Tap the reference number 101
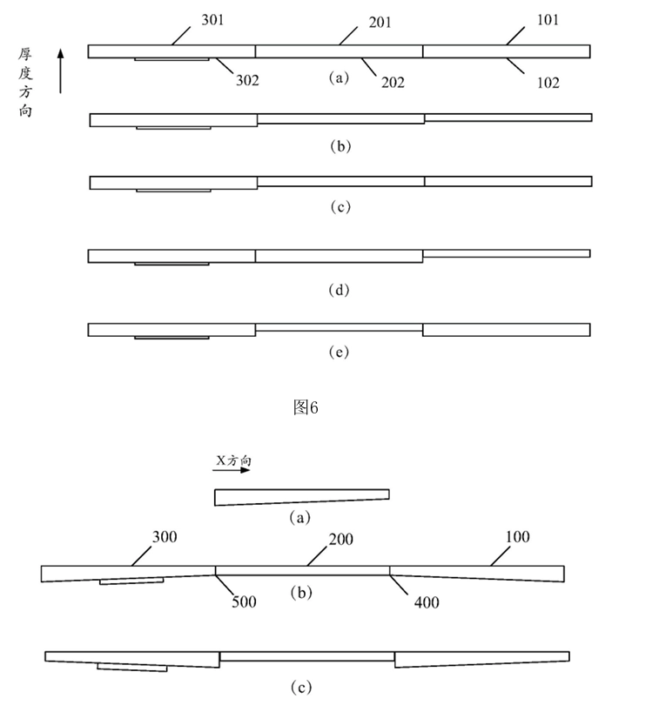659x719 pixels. [548, 21]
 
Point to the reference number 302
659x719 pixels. [247, 80]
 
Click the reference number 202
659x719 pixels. [392, 83]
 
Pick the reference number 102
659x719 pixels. [548, 83]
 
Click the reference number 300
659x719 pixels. [165, 537]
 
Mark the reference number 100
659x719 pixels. [516, 537]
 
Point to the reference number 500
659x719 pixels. [245, 601]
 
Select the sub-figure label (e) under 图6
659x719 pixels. [340, 353]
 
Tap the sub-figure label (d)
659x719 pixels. [340, 290]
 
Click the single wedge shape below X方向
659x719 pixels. [301, 496]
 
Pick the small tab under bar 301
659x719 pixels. [171, 59]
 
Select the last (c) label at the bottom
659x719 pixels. [299, 688]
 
